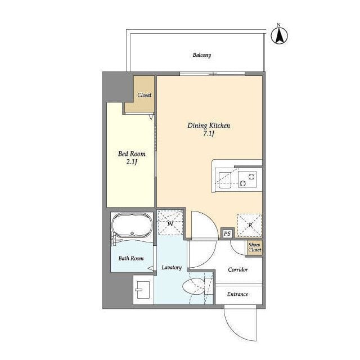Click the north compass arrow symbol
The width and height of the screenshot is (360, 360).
(279, 35)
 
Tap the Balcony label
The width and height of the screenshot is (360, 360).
(202, 55)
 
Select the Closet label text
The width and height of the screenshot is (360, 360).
(144, 95)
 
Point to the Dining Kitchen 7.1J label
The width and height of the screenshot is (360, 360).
(209, 129)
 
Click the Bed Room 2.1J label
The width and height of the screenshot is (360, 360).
(132, 157)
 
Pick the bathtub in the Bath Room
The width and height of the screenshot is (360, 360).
(132, 225)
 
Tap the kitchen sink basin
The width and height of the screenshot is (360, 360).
(225, 180)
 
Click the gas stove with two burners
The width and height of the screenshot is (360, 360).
(247, 179)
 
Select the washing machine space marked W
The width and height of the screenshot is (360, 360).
(170, 223)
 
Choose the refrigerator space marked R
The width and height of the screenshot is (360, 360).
(250, 225)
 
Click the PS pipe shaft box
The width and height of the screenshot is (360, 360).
(227, 234)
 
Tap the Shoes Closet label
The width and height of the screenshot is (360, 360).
(255, 247)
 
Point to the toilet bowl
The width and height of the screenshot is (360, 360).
(193, 286)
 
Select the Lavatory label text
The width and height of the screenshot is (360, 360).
(172, 268)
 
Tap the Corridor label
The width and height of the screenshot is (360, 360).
(238, 269)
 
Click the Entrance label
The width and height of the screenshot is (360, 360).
(237, 294)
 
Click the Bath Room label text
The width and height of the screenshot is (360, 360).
(131, 259)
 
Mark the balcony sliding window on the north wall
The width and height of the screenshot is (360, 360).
(213, 74)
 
